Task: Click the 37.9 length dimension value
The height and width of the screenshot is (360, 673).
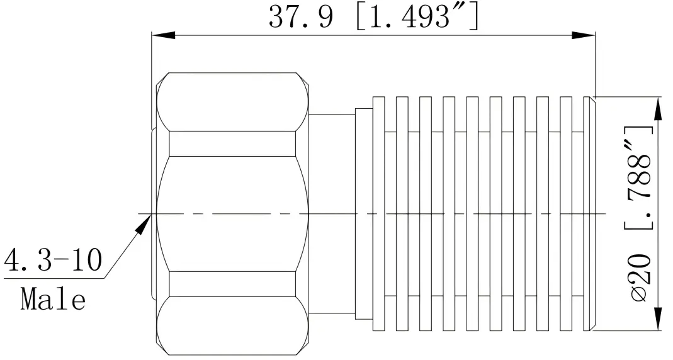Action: pyautogui.click(x=300, y=17)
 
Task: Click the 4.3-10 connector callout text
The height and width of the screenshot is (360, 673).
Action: pyautogui.click(x=52, y=260)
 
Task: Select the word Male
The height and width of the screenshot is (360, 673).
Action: pyautogui.click(x=53, y=299)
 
